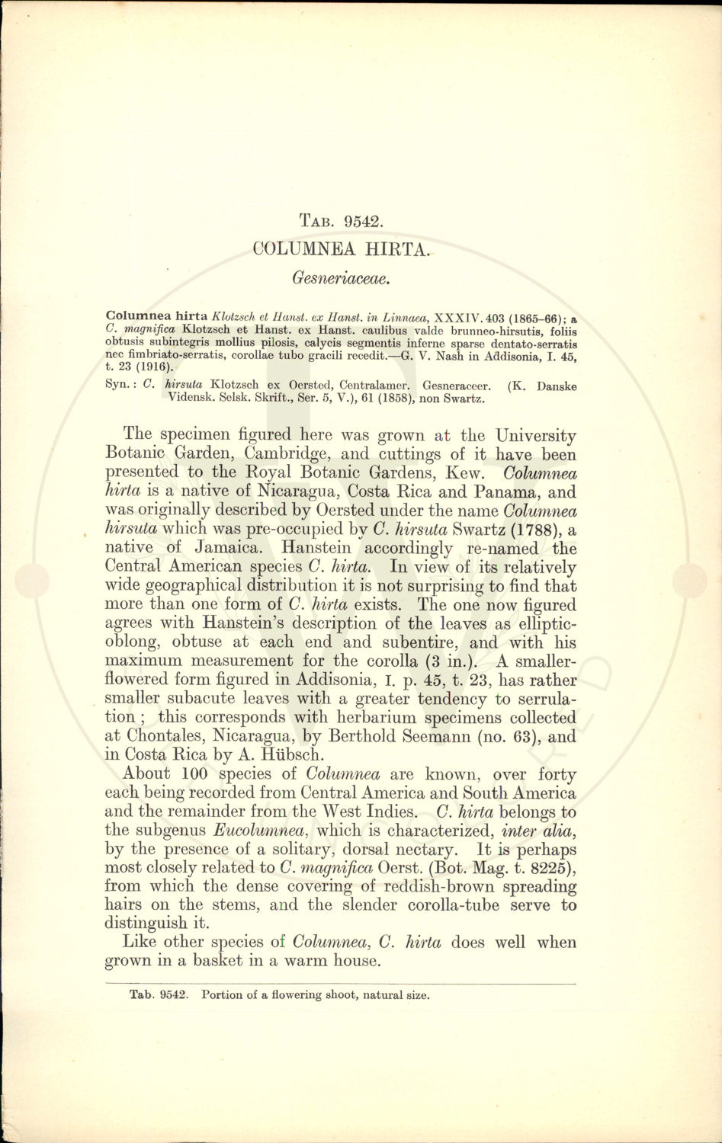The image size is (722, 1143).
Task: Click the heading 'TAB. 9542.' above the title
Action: [341, 222]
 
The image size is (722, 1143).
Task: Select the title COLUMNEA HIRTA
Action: [342, 248]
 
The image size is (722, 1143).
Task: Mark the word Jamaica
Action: [231, 548]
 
